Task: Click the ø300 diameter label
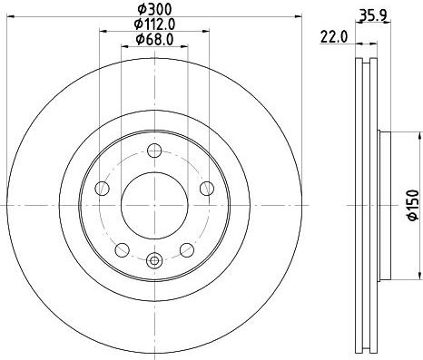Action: [x=154, y=9]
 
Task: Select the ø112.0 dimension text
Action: [x=154, y=24]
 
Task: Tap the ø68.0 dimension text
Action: [x=154, y=39]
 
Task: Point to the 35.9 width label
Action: [x=373, y=15]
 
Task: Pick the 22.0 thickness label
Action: [x=334, y=37]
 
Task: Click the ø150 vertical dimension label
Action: [x=413, y=205]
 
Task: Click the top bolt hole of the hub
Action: [x=154, y=151]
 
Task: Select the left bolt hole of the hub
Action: [x=102, y=189]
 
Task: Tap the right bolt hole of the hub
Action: [x=207, y=189]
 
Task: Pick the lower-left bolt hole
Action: [x=123, y=250]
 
